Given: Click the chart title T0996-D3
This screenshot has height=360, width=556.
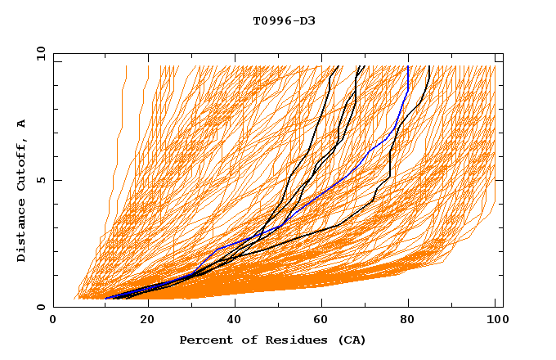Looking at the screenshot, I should click(x=284, y=20).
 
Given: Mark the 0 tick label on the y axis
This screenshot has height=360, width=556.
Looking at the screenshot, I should click(x=40, y=307).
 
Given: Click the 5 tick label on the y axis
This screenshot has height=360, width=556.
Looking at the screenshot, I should click(x=40, y=180).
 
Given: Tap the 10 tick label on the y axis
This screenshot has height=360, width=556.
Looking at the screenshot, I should click(x=38, y=53).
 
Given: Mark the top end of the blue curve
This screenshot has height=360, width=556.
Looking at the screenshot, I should click(x=408, y=66).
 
